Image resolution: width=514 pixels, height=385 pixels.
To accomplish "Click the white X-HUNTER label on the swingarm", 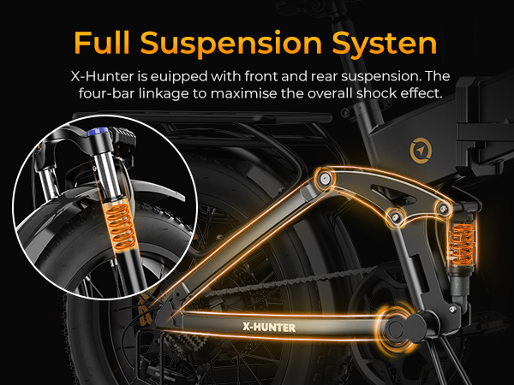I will tap(272, 326).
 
